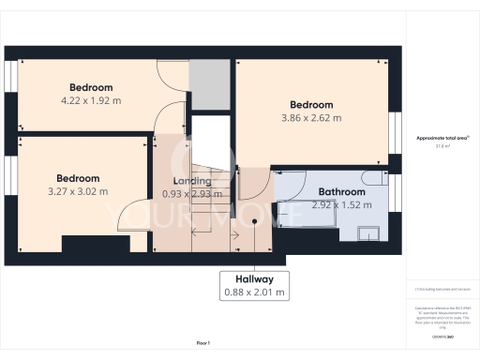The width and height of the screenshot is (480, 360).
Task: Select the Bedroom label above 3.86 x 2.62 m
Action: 311,104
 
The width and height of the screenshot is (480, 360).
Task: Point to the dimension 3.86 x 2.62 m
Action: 311,118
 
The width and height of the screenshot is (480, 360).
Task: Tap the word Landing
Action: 192,181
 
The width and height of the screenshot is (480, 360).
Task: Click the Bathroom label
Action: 338,191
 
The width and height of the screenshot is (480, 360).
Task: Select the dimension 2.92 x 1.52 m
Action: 338,204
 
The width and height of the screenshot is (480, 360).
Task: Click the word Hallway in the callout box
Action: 254,279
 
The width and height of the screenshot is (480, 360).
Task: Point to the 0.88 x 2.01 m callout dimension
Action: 254,292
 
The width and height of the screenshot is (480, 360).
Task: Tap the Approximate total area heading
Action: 442,138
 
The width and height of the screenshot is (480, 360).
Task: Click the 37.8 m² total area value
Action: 442,145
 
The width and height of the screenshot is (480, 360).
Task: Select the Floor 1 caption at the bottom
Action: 202,344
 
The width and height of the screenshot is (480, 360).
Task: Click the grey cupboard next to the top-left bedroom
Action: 208,84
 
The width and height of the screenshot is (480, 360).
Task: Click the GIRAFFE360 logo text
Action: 442,335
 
